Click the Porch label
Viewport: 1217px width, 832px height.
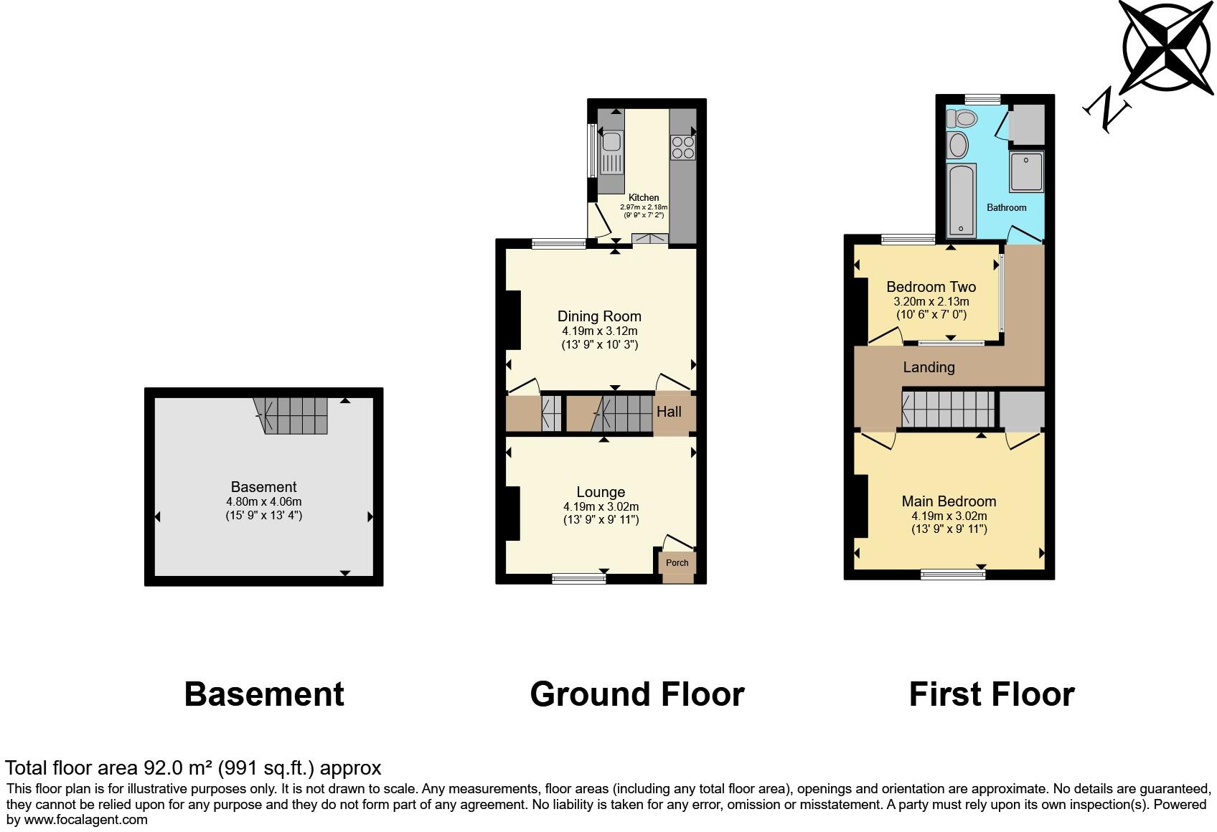[x=677, y=563]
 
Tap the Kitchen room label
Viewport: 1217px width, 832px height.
[x=644, y=198]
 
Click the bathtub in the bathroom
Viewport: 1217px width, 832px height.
[x=962, y=200]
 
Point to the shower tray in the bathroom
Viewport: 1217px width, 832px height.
[x=1026, y=172]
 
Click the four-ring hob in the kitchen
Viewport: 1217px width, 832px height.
[x=682, y=147]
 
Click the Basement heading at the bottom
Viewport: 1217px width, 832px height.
[x=264, y=694]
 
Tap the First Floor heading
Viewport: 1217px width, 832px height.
[x=991, y=694]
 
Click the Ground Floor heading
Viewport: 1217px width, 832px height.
[x=636, y=694]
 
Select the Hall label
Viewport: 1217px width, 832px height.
[x=669, y=412]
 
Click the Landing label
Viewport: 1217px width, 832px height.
[x=929, y=367]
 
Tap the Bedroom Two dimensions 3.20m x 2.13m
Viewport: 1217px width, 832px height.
[x=931, y=302]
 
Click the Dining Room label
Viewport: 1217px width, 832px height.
[x=599, y=316]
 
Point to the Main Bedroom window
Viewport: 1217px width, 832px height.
[x=953, y=573]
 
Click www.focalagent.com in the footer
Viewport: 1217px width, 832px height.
[x=86, y=819]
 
